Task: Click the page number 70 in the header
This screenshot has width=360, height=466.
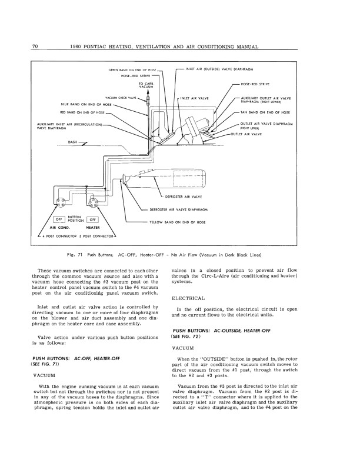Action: pos(35,46)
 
